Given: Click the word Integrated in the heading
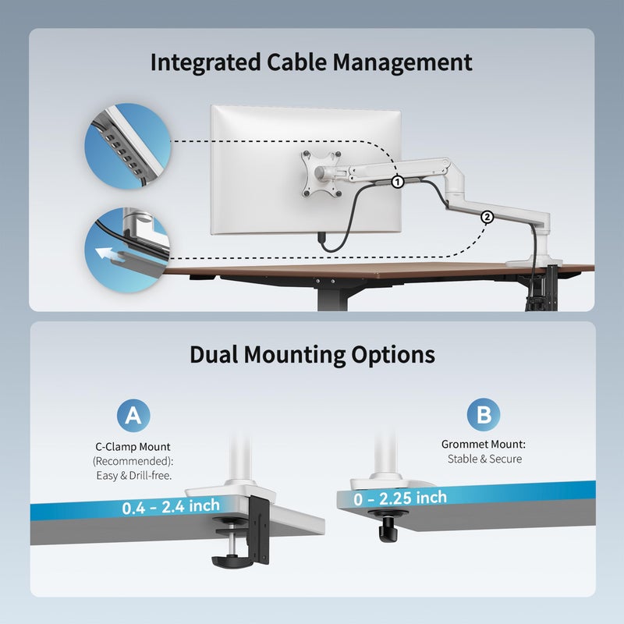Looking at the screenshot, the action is [205, 63].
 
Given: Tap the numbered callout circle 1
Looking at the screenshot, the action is [398, 183].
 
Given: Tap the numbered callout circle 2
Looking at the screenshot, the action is [487, 218].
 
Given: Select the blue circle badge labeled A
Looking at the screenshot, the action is [133, 416].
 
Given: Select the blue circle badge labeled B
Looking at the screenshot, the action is [484, 414].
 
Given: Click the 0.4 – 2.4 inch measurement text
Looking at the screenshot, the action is [171, 506].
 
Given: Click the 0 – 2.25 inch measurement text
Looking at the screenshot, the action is [400, 498].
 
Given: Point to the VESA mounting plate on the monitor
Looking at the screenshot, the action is [321, 174].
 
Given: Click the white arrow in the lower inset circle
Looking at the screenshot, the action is [108, 255].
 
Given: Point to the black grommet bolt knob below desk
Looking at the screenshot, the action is [387, 526].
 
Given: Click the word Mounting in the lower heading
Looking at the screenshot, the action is [295, 355].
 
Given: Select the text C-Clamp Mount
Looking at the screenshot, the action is [133, 447].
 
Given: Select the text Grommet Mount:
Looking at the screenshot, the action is [484, 444].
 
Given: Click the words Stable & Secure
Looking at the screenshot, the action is [484, 459].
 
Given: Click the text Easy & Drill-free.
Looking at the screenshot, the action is [134, 476].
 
